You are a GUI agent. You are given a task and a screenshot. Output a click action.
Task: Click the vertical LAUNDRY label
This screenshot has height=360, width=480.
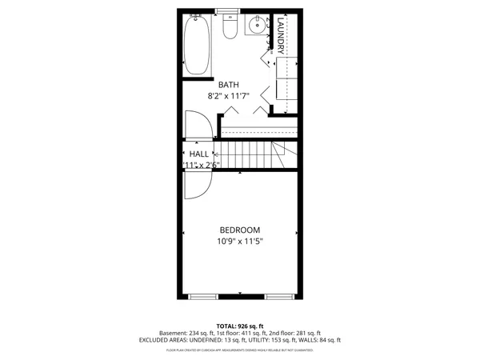(x=282, y=37)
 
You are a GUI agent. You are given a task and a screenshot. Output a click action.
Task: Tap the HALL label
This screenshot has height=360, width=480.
(x=198, y=154)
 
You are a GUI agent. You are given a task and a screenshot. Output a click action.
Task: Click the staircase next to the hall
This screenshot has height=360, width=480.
(x=252, y=154)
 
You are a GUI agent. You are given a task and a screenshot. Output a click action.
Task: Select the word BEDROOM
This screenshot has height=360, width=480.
(x=239, y=230)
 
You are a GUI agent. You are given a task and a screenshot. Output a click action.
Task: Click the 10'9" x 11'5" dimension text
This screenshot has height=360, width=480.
(x=239, y=241)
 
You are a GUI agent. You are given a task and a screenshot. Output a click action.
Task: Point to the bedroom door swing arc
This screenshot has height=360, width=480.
(x=197, y=184)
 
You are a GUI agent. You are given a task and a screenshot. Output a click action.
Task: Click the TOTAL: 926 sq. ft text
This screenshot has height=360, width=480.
(x=239, y=326)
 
